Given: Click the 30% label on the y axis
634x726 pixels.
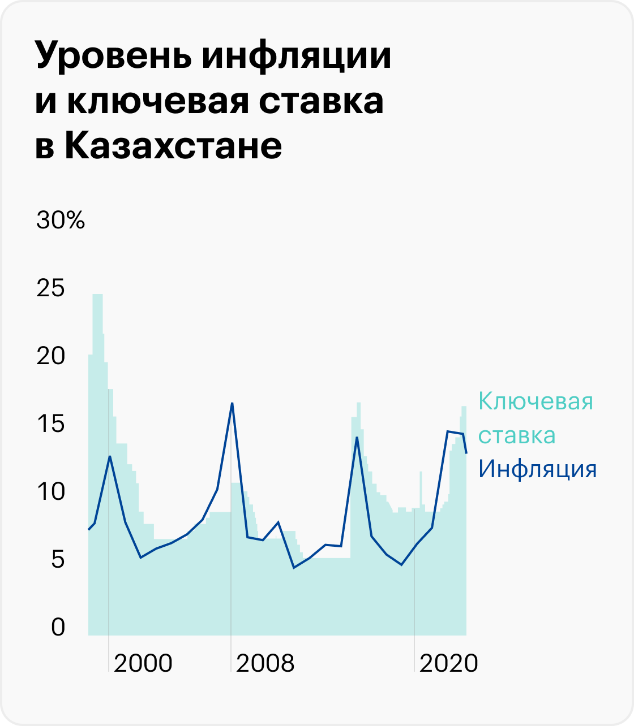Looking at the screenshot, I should pos(61,221).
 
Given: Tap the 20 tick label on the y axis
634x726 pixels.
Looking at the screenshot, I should pos(50,356).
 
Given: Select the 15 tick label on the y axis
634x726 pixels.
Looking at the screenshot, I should pos(50,424).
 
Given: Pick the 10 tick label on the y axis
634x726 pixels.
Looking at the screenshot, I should pos(50,492).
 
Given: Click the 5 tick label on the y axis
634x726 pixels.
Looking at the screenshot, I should pos(58,560).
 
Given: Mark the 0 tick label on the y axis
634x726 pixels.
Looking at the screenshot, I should pos(58,628).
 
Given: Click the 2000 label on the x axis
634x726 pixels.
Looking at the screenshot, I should pos(143,663).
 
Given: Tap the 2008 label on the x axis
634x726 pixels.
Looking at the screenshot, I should pos(265,663).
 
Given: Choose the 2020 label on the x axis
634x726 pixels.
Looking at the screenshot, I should pos(449,663).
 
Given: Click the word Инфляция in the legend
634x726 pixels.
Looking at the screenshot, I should pos(537,469).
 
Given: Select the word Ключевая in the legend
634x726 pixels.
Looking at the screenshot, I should pos(536,401).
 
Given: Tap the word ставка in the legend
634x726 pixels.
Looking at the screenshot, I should pos(517,436).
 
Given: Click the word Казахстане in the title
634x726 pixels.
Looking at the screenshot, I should pos(173,145).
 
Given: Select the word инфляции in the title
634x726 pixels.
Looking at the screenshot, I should pos(296,57).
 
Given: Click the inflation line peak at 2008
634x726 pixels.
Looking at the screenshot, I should pos(232,403).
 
